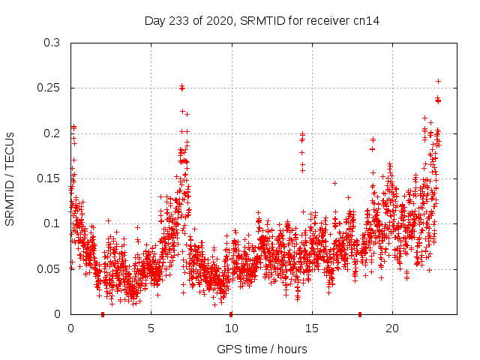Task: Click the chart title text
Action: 262,20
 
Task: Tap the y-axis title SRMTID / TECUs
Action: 10,178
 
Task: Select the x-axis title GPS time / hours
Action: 262,349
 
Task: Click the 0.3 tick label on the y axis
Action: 52,43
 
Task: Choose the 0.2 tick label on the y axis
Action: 52,133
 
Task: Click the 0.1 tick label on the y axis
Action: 52,223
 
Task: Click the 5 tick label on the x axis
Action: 151,328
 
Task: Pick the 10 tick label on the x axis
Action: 231,328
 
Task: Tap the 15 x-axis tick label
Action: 311,328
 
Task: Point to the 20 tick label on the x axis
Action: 391,328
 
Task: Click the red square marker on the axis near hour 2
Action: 103,314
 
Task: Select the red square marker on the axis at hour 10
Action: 231,314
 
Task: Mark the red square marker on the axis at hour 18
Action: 360,314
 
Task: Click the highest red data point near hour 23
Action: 439,81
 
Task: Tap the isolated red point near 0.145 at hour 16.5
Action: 334,183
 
